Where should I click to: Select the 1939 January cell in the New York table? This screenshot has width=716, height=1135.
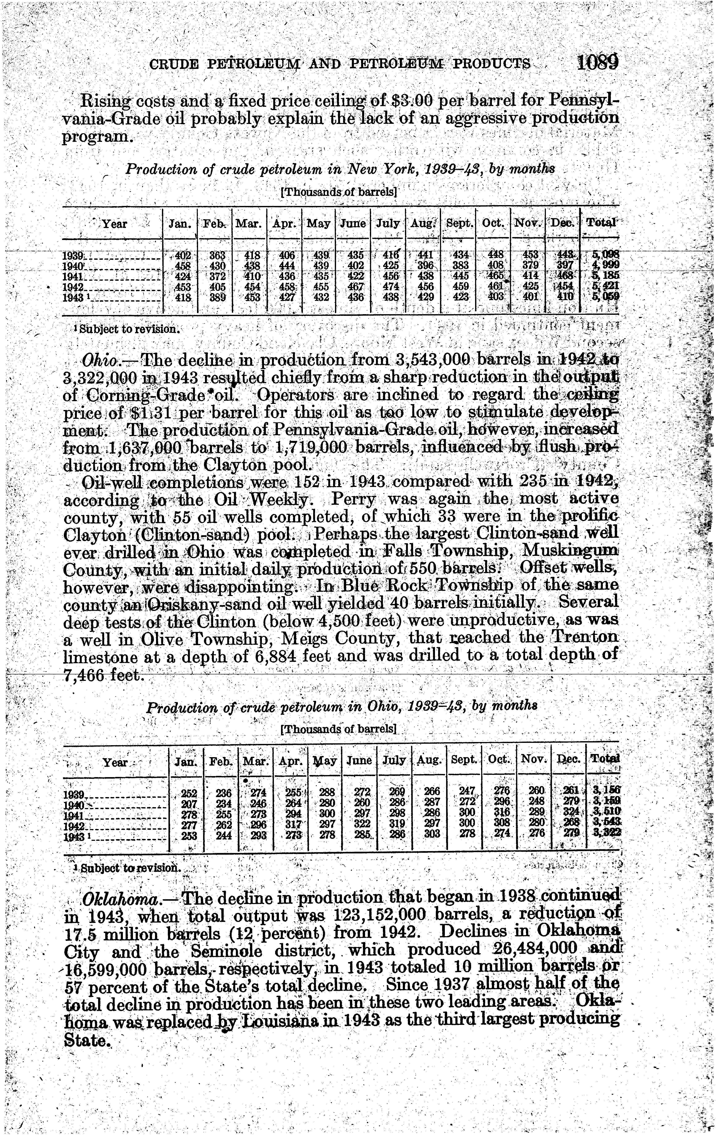[182, 256]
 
